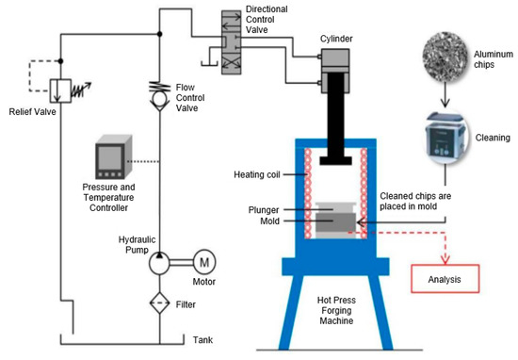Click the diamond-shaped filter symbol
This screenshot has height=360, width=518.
[x=158, y=304]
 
